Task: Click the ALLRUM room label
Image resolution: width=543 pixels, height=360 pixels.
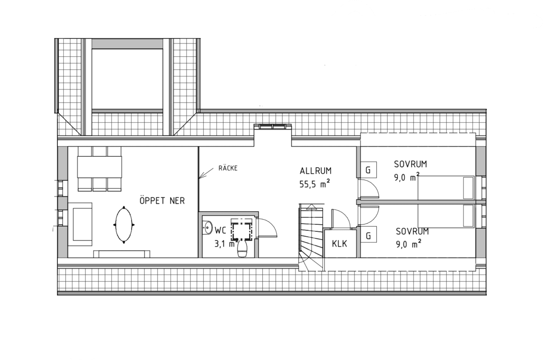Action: pyautogui.click(x=315, y=171)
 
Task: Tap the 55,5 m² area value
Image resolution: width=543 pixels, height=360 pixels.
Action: pyautogui.click(x=315, y=185)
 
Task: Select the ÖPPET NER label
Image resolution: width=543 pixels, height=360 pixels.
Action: pyautogui.click(x=162, y=201)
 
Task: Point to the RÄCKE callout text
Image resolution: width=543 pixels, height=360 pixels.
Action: pyautogui.click(x=228, y=168)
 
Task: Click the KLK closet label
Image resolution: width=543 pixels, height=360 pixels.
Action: pyautogui.click(x=339, y=244)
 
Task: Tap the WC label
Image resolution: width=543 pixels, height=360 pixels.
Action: pyautogui.click(x=220, y=230)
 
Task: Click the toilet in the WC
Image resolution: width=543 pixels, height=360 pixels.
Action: pyautogui.click(x=243, y=249)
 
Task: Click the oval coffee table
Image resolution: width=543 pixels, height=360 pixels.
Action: pyautogui.click(x=124, y=225)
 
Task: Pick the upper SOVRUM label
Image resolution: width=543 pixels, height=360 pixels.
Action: pyautogui.click(x=410, y=164)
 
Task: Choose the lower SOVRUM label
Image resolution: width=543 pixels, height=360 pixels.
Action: pyautogui.click(x=412, y=232)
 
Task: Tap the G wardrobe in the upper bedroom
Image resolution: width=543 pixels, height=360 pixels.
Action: pyautogui.click(x=368, y=170)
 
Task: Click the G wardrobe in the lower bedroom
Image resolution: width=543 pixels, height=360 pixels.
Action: pyautogui.click(x=368, y=235)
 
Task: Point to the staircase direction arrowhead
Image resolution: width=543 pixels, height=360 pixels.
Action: pyautogui.click(x=311, y=206)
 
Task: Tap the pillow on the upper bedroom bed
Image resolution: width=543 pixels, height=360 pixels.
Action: pyautogui.click(x=468, y=188)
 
